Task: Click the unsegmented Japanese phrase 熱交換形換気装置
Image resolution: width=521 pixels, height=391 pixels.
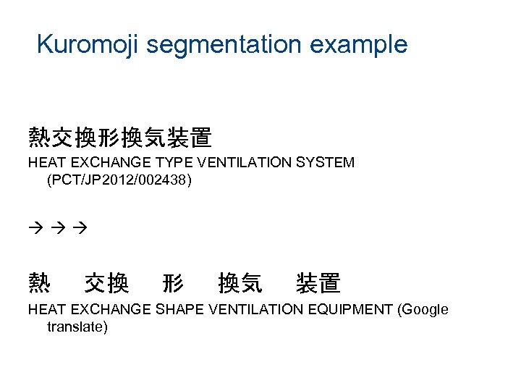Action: pyautogui.click(x=119, y=138)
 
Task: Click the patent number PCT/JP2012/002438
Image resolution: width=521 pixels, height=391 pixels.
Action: pyautogui.click(x=119, y=180)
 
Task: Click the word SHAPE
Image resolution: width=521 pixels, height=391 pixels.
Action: pyautogui.click(x=179, y=310)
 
